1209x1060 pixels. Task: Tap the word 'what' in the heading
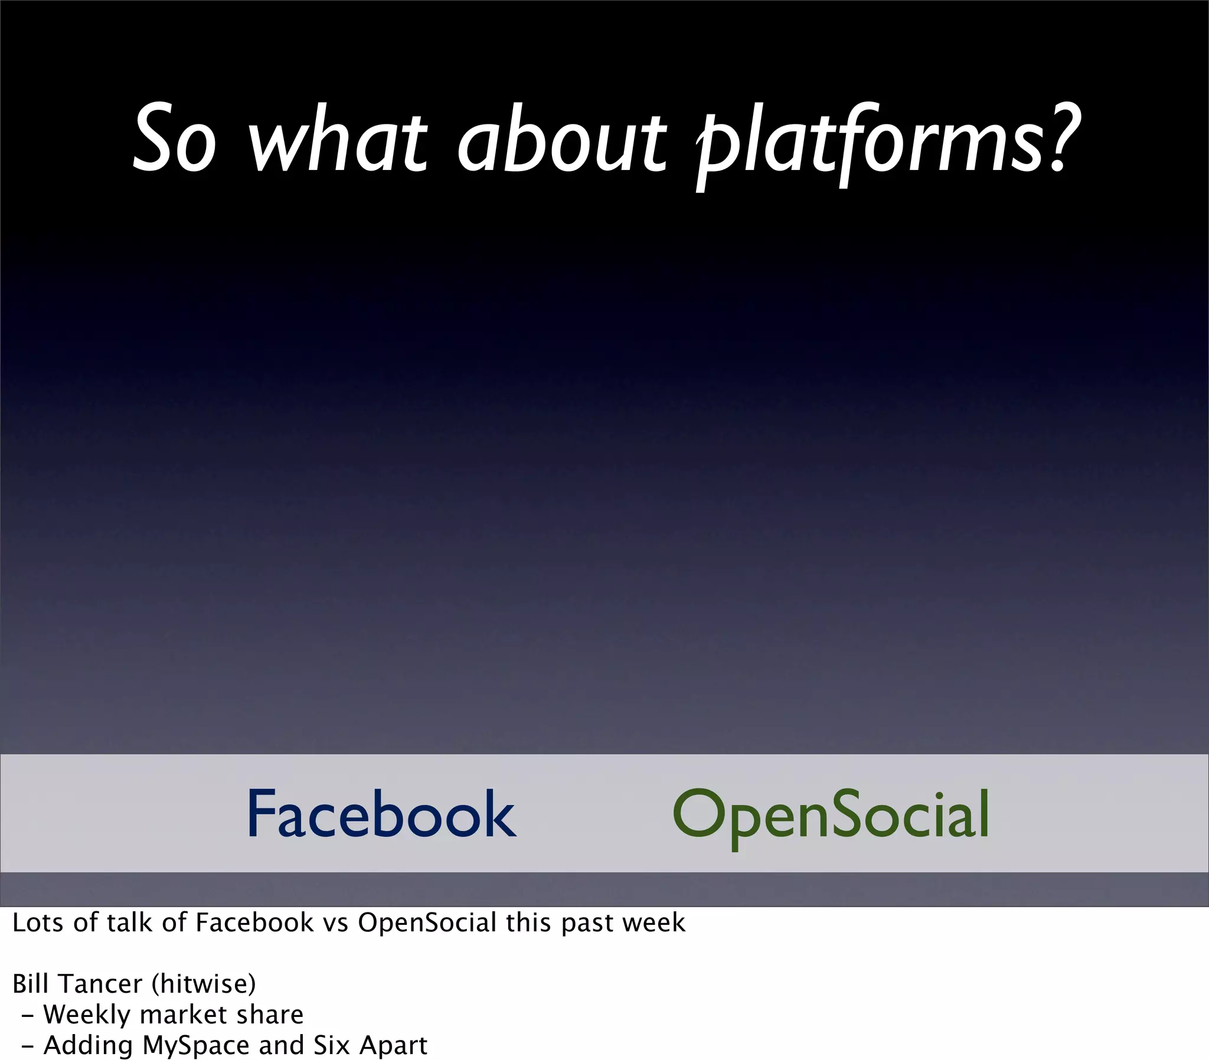point(336,139)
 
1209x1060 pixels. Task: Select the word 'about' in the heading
point(561,139)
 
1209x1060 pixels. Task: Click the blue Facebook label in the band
point(381,814)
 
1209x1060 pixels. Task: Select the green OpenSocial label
point(831,816)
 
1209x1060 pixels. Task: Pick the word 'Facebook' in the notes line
point(254,923)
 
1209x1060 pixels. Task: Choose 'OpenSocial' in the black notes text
point(426,923)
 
